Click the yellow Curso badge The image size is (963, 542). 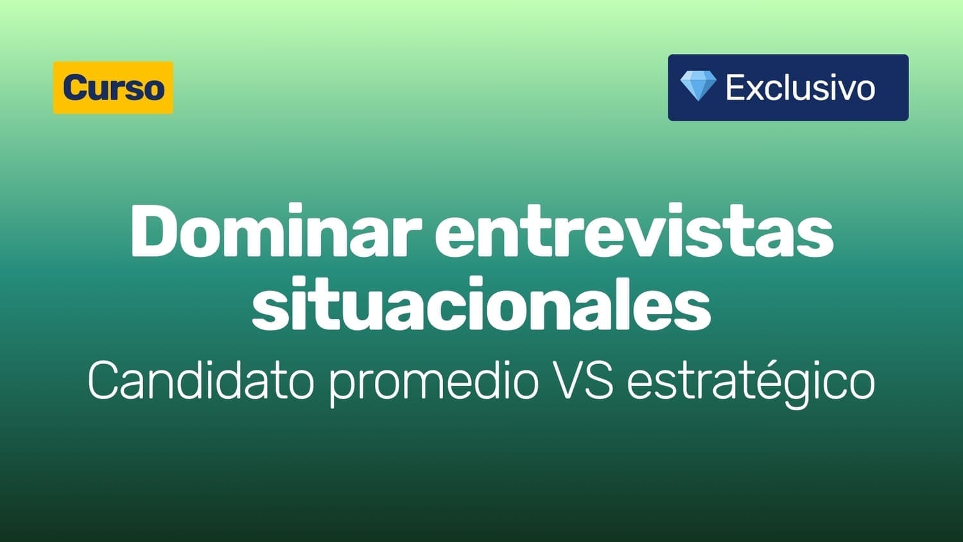113,88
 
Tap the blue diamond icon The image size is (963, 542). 698,86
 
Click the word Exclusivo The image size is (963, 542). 801,88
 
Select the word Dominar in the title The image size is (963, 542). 275,232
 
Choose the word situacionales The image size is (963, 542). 481,304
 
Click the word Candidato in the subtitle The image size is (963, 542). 200,380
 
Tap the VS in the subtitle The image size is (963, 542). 584,380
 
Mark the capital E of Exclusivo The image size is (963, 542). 736,88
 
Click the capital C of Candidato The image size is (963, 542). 104,380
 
